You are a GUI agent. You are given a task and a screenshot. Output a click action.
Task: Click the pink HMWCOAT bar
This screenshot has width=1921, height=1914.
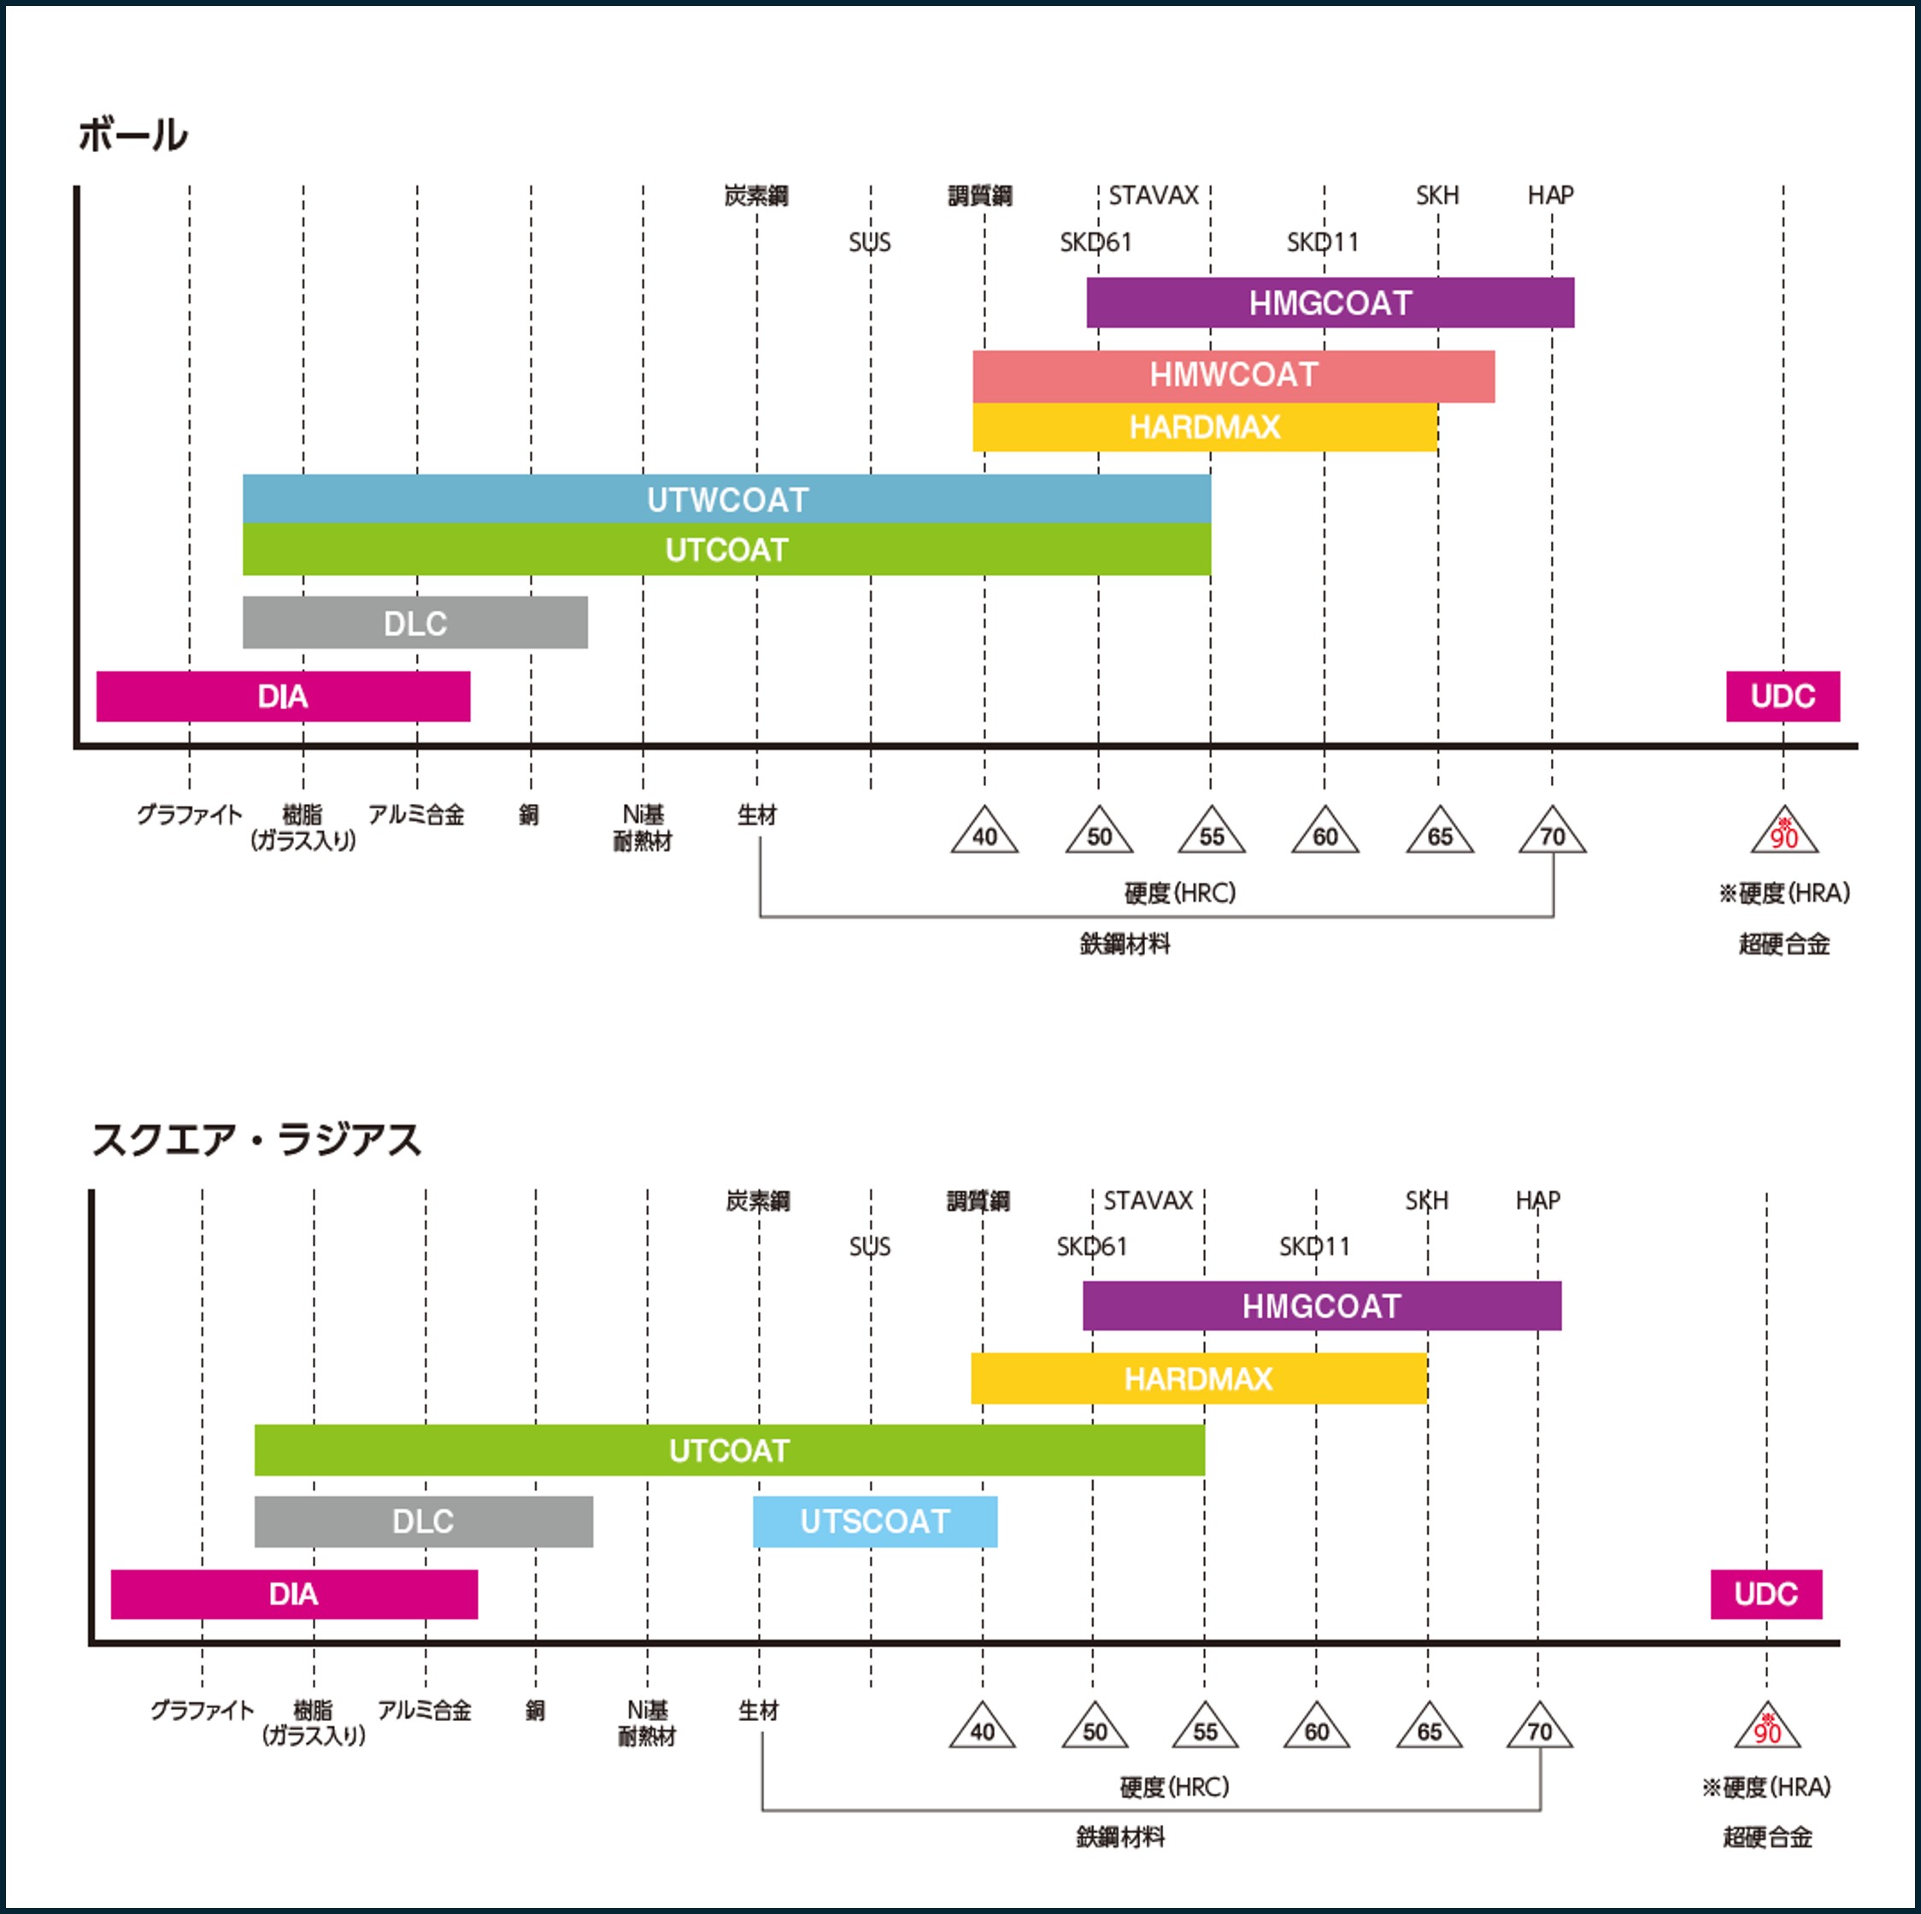pos(1233,376)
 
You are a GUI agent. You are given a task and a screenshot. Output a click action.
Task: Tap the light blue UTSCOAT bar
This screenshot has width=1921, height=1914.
pos(875,1521)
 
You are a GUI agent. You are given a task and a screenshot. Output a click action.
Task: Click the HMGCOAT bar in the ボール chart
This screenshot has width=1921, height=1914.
pos(1330,302)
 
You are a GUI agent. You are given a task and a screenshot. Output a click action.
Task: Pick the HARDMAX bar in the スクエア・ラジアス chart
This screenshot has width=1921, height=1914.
pos(1198,1378)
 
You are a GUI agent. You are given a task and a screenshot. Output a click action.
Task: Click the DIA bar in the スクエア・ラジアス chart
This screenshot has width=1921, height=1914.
pos(293,1594)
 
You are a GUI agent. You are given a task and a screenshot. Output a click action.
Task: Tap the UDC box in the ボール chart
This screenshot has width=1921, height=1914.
pos(1783,696)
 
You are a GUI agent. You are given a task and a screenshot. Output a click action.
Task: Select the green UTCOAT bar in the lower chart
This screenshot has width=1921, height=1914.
pos(729,1451)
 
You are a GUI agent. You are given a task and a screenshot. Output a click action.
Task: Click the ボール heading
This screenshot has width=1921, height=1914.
pos(133,135)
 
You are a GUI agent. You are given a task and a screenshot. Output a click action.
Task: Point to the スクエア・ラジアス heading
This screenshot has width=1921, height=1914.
pos(256,1140)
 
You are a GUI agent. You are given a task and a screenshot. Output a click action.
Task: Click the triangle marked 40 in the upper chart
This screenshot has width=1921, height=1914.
pos(984,832)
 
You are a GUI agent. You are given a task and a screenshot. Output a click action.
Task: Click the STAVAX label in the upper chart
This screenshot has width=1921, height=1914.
pos(1154,196)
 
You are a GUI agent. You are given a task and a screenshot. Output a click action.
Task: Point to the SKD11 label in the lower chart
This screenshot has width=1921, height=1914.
pos(1314,1247)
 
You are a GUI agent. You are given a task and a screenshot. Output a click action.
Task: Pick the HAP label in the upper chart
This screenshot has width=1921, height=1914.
pos(1550,196)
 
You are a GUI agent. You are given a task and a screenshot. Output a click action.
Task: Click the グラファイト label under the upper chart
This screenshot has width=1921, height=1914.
pos(189,815)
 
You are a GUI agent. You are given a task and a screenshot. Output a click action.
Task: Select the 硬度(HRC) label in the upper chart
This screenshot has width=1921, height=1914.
pos(1180,893)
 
